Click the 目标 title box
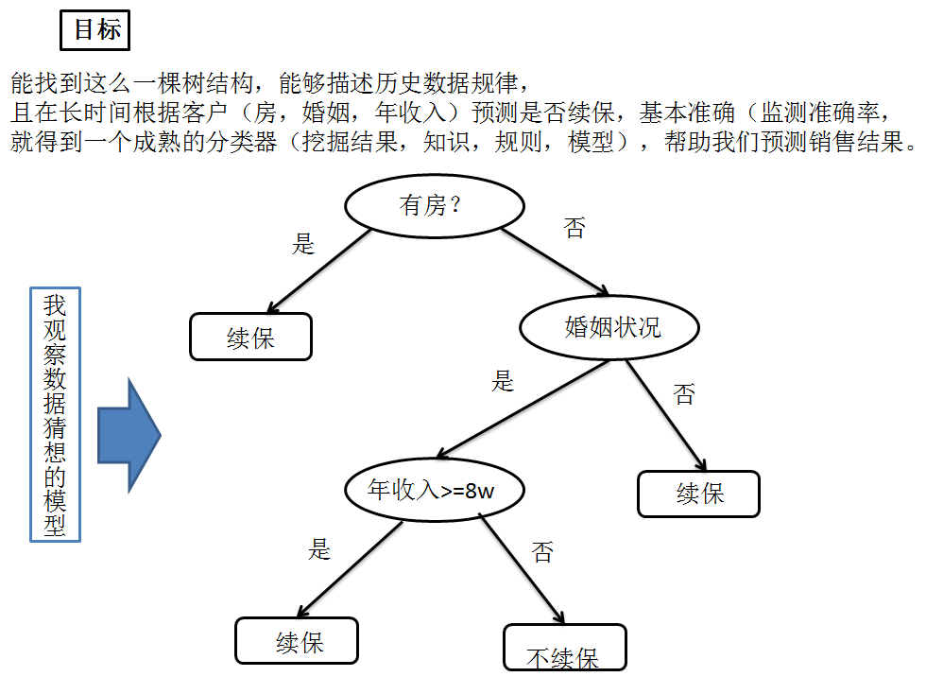pos(94,29)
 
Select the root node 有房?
pos(434,206)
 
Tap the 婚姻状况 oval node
pos(609,327)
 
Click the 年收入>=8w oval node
pos(434,490)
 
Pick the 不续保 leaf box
pos(565,648)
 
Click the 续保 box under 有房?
pos(250,337)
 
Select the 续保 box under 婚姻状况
pos(698,494)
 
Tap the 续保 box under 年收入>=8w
pos(297,641)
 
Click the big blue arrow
pos(129,436)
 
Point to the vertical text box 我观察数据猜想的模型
pos(55,414)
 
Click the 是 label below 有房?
pos(303,244)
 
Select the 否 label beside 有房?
pos(574,228)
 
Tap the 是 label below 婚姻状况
pos(503,381)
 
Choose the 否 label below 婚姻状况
pos(684,394)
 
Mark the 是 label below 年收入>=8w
pos(319,549)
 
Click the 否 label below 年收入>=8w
pos(542,552)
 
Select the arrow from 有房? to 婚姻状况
pos(556,261)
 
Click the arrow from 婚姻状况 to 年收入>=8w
pos(523,408)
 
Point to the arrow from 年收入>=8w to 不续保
pos(522,568)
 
